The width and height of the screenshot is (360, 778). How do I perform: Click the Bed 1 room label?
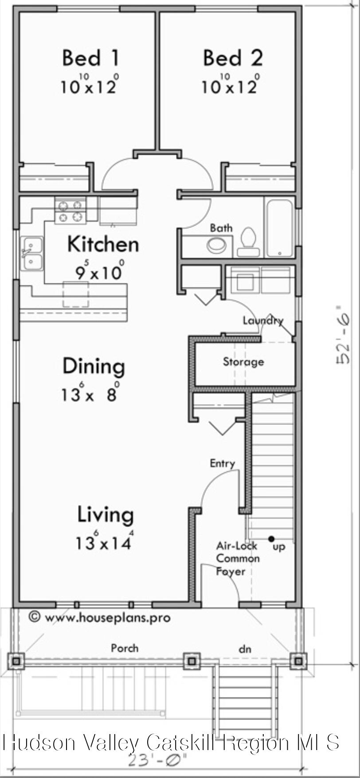click(x=90, y=58)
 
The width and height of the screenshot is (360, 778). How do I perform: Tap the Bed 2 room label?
click(x=232, y=58)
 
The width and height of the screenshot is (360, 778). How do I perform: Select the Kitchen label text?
click(x=103, y=244)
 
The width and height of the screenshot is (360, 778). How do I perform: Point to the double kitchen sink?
click(x=33, y=254)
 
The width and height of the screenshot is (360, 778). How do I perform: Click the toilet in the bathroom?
click(x=248, y=242)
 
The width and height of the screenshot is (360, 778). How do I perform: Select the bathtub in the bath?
click(x=279, y=228)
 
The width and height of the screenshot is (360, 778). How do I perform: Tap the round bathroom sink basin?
click(x=217, y=245)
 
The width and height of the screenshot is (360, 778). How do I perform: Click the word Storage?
click(x=243, y=362)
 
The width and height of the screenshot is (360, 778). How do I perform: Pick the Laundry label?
click(x=262, y=320)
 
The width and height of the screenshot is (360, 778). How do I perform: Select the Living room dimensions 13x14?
click(x=104, y=542)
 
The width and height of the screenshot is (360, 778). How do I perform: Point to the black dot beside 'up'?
click(x=271, y=539)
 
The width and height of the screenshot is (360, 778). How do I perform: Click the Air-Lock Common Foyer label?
click(x=238, y=558)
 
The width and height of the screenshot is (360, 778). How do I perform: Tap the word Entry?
click(x=222, y=464)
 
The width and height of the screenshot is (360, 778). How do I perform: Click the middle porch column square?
click(x=192, y=661)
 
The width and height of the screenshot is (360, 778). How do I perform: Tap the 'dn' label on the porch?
click(x=245, y=649)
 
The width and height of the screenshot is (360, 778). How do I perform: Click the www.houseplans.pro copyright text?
click(x=100, y=617)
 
